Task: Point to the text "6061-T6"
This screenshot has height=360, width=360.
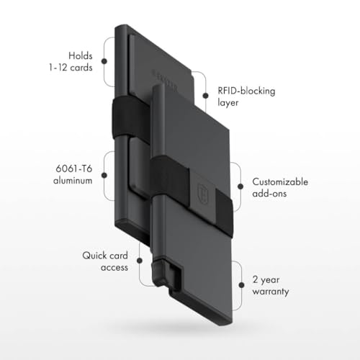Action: coord(73,168)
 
